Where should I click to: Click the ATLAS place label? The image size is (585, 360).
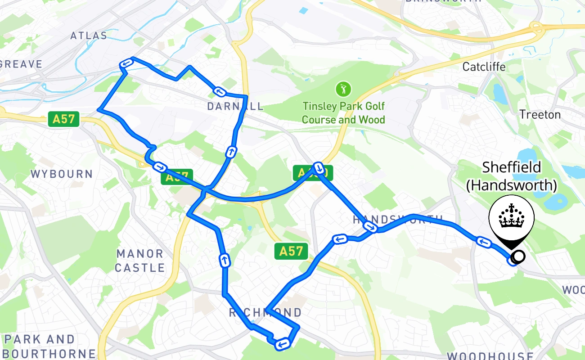tap(89, 36)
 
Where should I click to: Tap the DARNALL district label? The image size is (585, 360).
tap(235, 107)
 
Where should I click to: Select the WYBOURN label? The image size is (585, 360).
tap(62, 174)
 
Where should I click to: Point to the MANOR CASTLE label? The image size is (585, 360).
tap(140, 261)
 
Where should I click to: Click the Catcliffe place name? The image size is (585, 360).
tap(484, 67)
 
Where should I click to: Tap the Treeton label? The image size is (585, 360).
tap(540, 115)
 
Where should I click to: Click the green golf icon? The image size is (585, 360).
tap(343, 89)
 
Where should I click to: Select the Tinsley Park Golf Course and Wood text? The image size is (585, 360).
tap(343, 113)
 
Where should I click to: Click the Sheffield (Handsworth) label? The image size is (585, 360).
tap(512, 176)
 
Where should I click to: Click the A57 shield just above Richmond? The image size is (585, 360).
tap(291, 251)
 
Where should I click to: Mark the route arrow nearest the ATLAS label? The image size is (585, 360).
tap(126, 64)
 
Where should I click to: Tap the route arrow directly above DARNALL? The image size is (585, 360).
tap(220, 92)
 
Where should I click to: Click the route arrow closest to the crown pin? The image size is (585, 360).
tap(484, 243)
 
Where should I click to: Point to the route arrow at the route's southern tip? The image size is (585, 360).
tap(282, 344)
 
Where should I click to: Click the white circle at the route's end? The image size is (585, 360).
tap(519, 256)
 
